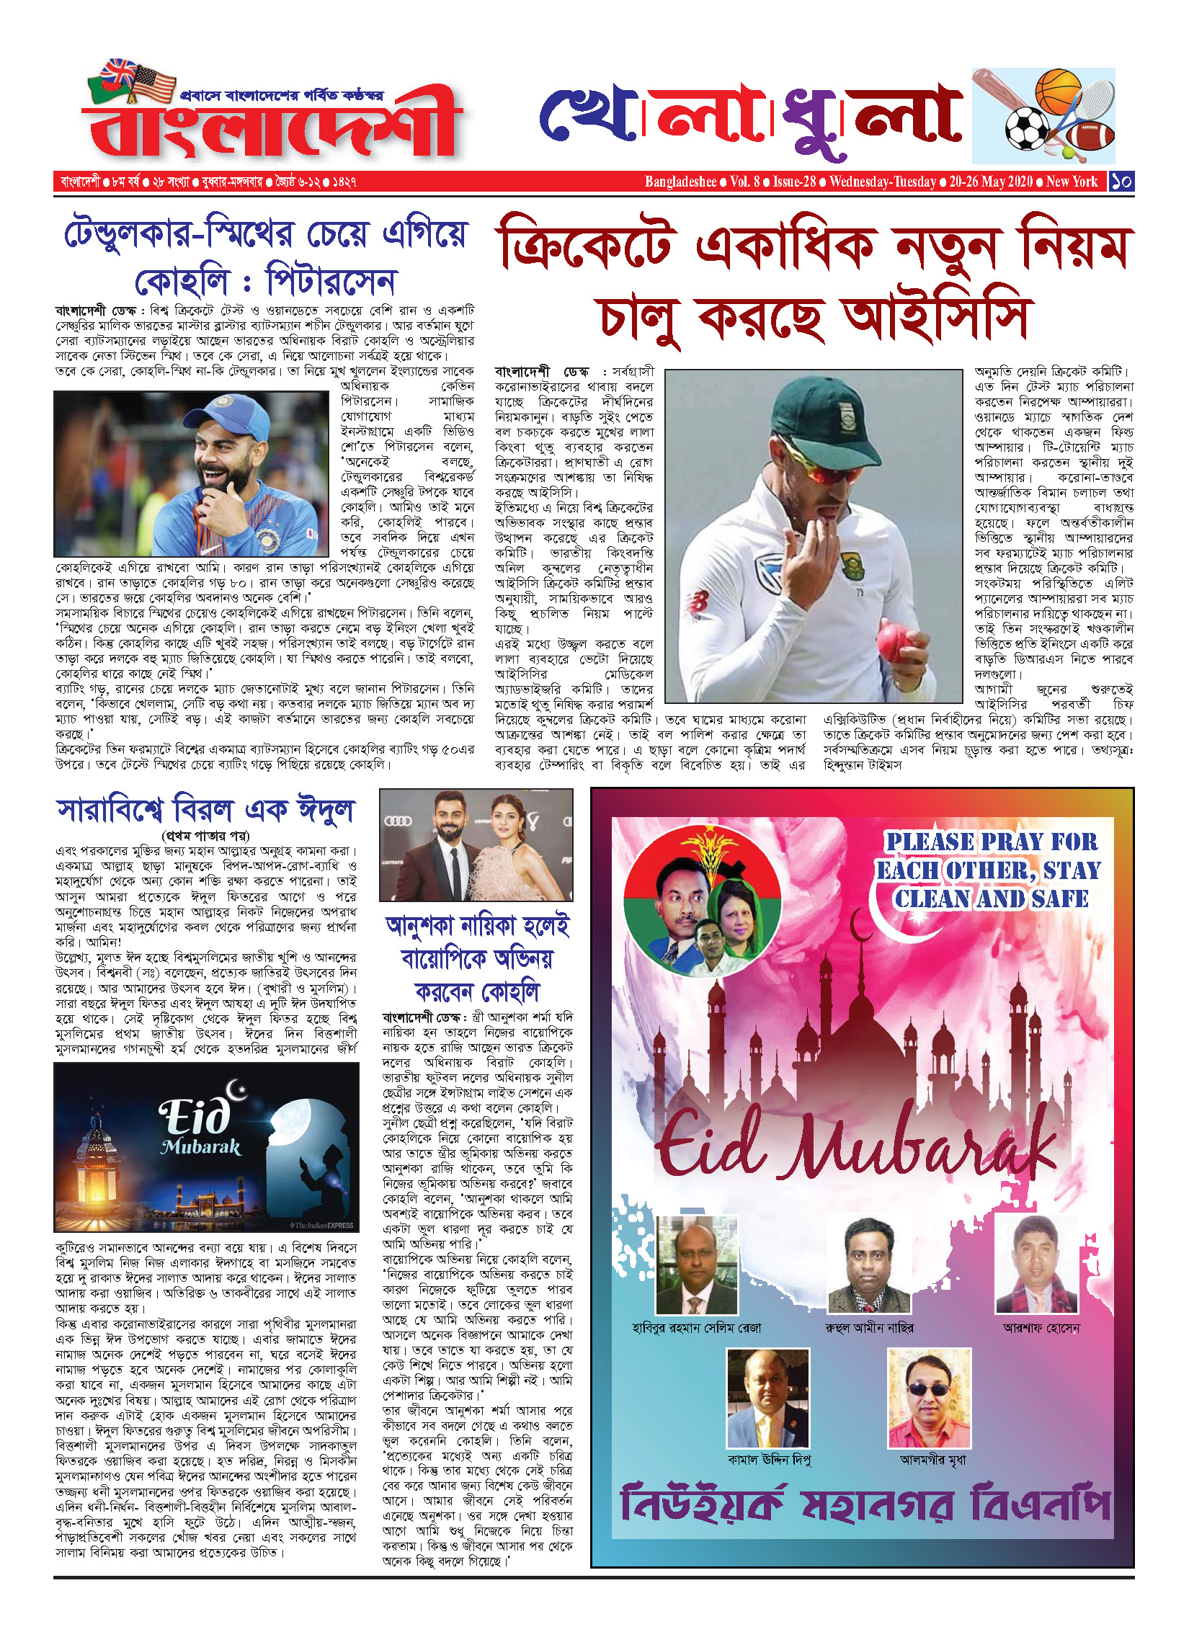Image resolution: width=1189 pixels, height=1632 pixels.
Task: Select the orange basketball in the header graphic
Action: pyautogui.click(x=1057, y=90)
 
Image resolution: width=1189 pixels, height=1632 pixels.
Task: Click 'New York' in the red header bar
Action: pyautogui.click(x=1072, y=182)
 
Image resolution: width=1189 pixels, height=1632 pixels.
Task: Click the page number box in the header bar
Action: pyautogui.click(x=1121, y=182)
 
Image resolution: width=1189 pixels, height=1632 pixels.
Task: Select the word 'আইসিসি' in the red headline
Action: pyautogui.click(x=937, y=317)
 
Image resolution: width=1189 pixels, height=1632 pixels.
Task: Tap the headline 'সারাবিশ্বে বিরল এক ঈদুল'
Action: pyautogui.click(x=205, y=811)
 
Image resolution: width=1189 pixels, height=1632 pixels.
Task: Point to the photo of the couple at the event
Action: pyautogui.click(x=476, y=844)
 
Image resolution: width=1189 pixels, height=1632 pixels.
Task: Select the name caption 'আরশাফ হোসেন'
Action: pyautogui.click(x=1041, y=1328)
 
